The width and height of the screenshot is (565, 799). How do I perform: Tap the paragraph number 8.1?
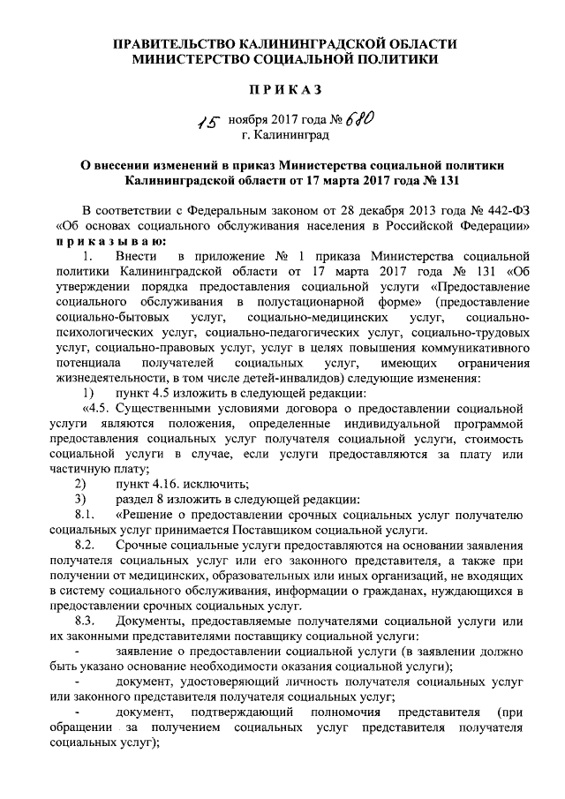87,514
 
